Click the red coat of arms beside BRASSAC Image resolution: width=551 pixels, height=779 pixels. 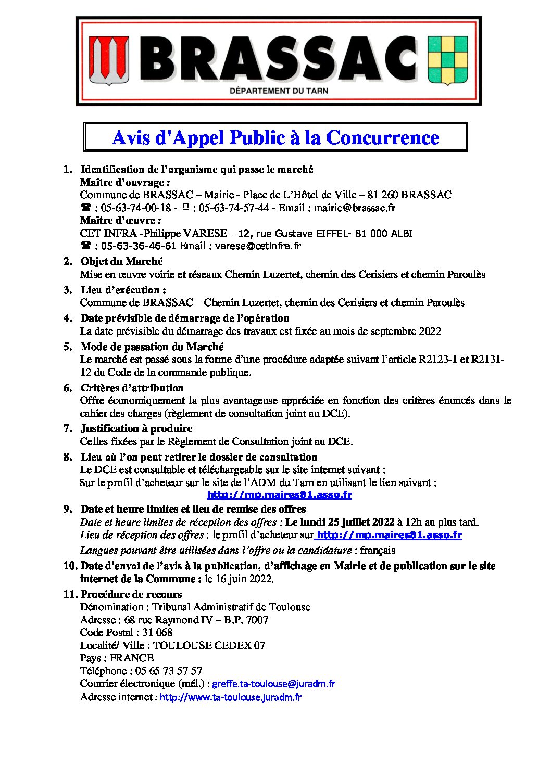click(x=109, y=60)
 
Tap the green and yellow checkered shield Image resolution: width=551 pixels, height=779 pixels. click(x=447, y=60)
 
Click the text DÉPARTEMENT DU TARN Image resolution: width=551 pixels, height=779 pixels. click(x=279, y=91)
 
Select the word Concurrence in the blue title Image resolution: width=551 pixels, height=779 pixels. click(x=382, y=138)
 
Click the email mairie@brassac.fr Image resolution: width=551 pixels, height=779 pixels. click(x=355, y=208)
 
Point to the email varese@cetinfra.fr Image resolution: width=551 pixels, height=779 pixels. click(x=258, y=246)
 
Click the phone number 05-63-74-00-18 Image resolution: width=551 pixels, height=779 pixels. click(x=135, y=208)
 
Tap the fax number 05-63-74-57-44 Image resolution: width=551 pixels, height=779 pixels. click(x=234, y=208)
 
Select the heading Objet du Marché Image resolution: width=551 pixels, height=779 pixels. click(x=121, y=261)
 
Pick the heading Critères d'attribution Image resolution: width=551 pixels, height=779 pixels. click(x=132, y=388)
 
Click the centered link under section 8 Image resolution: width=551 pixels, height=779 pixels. click(x=279, y=495)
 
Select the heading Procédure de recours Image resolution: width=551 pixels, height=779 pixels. click(x=131, y=594)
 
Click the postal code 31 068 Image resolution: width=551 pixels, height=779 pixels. click(x=157, y=632)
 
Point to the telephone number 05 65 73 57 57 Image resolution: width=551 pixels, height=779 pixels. click(x=168, y=671)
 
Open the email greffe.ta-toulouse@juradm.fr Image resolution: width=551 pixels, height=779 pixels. click(x=273, y=684)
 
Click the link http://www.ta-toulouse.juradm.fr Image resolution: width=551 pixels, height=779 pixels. click(x=230, y=697)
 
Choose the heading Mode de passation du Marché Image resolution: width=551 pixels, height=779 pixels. click(x=152, y=347)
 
